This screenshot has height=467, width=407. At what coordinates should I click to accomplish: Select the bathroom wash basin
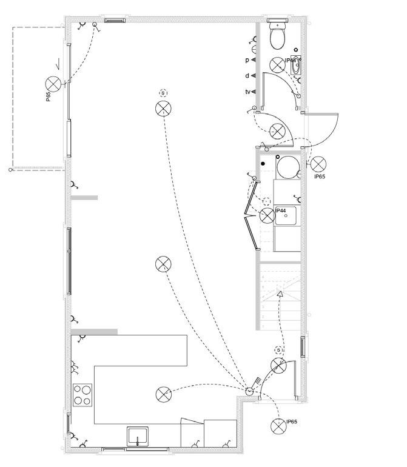pos(296,66)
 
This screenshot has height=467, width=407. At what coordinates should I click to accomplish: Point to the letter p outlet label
pos(247,60)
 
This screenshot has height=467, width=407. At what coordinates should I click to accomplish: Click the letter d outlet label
pos(247,76)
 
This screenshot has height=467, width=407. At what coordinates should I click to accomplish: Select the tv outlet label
pos(248,92)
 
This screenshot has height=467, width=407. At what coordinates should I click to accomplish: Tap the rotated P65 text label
pos(48,96)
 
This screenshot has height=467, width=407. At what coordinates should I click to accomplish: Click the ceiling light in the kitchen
pos(163,395)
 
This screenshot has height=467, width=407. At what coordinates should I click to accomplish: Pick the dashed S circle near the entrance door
pos(278,350)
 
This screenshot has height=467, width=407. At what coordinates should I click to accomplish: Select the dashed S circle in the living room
pos(163,93)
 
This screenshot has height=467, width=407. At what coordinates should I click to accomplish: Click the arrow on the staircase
pos(280,294)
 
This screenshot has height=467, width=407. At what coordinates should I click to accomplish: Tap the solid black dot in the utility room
pos(263,163)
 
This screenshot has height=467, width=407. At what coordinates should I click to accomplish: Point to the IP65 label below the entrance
pos(292,422)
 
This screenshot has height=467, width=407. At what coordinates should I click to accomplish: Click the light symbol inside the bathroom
pos(277,64)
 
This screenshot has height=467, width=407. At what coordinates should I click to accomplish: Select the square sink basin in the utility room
pos(286,215)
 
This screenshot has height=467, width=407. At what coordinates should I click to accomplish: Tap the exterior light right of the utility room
pos(318,163)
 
